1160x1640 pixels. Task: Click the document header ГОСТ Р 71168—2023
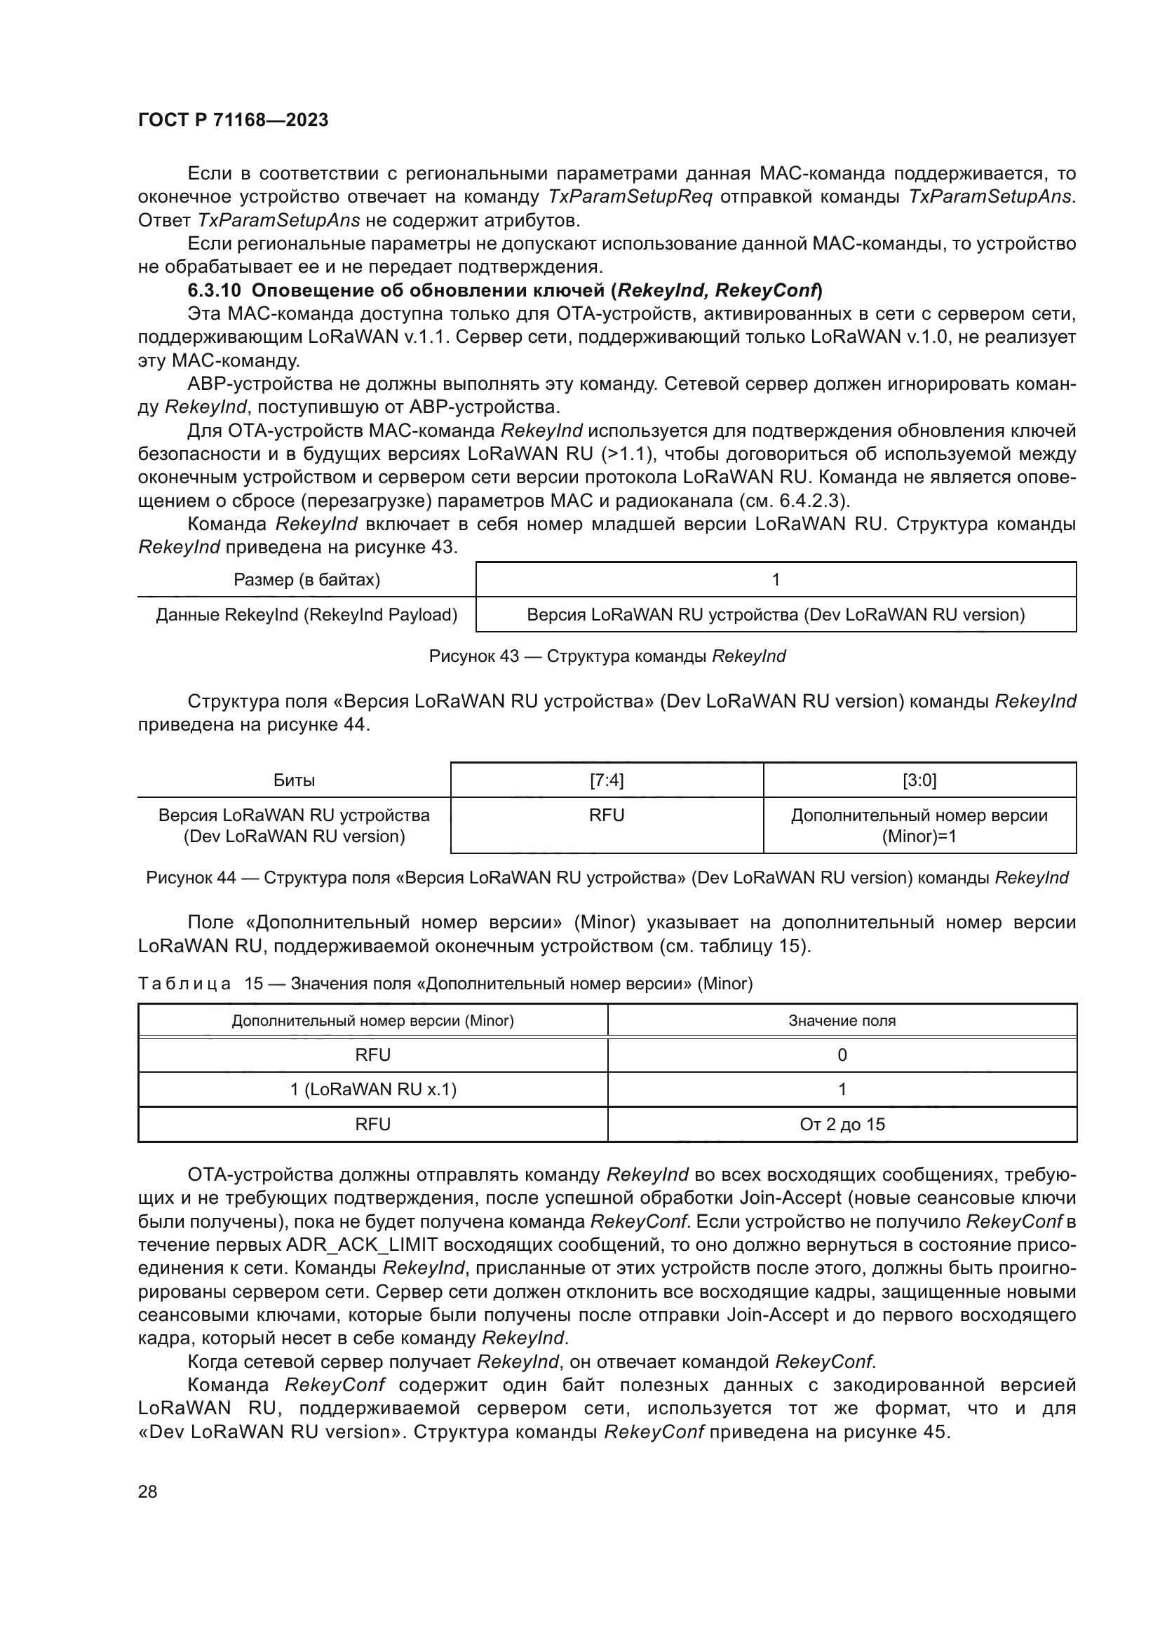click(233, 120)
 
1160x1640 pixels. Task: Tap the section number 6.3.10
click(215, 291)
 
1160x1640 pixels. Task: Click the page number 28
click(147, 1492)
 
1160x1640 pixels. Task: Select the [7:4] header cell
click(607, 780)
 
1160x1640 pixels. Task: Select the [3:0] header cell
click(919, 780)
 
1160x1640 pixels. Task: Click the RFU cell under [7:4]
click(607, 815)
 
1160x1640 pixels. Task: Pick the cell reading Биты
click(294, 780)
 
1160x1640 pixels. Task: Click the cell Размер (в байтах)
click(306, 579)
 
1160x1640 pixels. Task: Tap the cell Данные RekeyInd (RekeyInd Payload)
click(306, 615)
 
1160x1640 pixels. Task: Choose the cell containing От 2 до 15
click(842, 1124)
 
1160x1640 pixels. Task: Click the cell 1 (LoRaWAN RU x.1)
click(373, 1090)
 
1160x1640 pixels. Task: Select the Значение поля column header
click(842, 1021)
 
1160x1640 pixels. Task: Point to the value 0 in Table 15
click(842, 1055)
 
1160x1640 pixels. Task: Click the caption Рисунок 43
click(473, 656)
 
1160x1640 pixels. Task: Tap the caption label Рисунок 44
click(191, 878)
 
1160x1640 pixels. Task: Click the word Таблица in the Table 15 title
click(184, 984)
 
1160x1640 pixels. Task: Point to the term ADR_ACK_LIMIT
click(361, 1245)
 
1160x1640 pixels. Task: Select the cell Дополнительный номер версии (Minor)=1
click(919, 826)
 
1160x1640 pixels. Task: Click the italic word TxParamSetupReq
click(629, 197)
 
